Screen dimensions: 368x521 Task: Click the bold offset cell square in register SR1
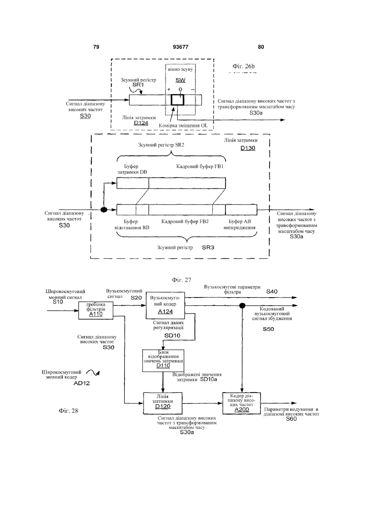pos(177,100)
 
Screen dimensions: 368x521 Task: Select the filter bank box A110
pos(96,310)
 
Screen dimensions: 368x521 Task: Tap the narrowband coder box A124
pos(165,305)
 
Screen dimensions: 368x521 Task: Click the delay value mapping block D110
pos(163,361)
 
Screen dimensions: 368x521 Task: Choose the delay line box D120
pos(163,403)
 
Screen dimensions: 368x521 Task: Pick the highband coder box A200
pos(241,403)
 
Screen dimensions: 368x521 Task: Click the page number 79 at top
pos(96,47)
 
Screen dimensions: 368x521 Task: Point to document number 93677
pos(181,47)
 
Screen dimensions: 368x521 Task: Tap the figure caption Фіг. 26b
pos(243,66)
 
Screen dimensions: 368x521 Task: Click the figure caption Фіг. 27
pos(182,280)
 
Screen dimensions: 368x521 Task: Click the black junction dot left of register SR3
pos(104,210)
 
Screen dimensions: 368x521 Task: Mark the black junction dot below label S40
pos(242,306)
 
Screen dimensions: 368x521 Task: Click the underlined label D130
pos(248,148)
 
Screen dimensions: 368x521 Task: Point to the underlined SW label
pos(181,80)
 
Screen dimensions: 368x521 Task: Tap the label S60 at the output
pos(291,419)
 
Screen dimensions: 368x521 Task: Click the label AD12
pos(82,383)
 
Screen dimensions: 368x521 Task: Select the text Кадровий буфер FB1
pos(200,167)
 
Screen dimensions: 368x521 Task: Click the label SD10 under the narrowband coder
pos(172,335)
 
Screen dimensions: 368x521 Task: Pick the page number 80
pos(261,47)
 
